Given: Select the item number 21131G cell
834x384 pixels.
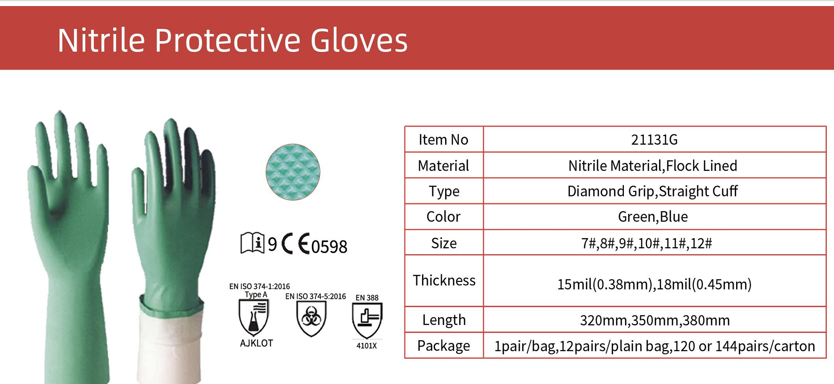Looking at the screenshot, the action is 654,139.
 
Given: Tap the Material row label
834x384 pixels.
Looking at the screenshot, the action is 443,166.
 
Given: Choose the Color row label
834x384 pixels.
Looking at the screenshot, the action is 443,217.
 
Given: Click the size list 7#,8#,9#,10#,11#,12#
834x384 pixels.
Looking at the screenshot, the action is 647,243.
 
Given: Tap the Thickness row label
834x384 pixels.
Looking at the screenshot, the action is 444,280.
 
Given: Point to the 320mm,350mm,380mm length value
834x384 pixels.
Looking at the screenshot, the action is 655,320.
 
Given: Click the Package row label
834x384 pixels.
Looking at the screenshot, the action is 443,345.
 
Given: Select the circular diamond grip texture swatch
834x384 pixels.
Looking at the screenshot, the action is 293,172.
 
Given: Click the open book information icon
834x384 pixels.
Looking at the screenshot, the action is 252,243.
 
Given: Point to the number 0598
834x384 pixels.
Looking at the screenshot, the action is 329,246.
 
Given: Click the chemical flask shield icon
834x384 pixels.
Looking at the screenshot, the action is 254,317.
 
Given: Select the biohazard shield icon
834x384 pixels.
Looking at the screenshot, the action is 311,318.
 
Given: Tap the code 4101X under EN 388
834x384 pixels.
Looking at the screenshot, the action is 367,346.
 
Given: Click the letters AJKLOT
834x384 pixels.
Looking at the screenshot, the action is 256,343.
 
